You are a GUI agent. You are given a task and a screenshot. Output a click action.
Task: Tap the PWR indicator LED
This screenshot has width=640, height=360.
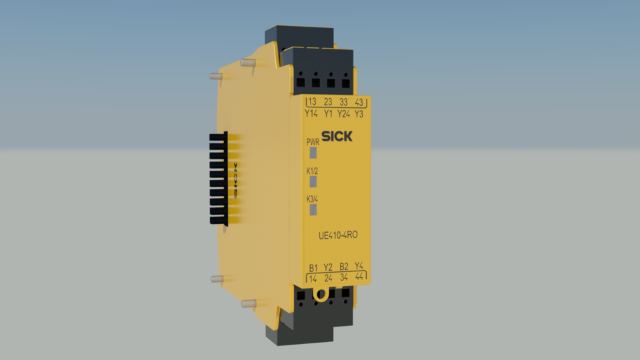313,153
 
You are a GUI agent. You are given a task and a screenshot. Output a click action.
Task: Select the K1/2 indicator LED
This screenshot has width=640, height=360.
313,182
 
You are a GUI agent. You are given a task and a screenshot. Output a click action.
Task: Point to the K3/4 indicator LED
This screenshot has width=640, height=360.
313,211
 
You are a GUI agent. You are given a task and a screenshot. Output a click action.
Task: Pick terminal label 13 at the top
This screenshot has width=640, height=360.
312,102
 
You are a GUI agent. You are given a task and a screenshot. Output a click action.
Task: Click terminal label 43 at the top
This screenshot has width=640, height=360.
359,102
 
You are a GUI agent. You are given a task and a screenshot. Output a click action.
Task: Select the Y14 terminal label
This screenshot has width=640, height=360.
311,113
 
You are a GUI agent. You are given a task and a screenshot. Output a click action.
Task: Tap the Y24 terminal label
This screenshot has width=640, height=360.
343,113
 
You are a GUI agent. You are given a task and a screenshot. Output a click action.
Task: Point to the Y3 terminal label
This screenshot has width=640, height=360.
359,113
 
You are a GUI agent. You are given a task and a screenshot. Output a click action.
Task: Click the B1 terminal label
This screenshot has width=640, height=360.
313,267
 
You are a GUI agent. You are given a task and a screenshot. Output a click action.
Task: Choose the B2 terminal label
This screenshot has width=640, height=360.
344,267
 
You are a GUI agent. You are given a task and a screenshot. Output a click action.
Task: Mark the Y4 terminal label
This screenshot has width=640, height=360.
359,266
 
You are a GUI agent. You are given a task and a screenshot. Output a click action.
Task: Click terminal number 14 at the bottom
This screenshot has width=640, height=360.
313,278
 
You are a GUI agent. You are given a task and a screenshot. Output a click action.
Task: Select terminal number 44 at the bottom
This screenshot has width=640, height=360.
359,277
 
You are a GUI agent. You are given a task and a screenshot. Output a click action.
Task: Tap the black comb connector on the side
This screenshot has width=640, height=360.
219,177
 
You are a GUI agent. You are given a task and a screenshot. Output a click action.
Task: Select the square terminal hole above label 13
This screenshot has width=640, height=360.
301,83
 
